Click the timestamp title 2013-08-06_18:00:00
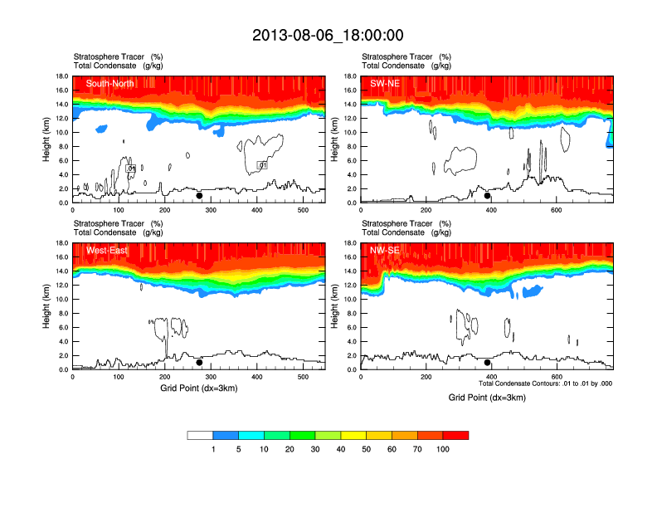[328, 35]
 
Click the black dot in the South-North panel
[199, 196]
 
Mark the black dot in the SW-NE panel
[488, 196]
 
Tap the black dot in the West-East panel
[199, 363]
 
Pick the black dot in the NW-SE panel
[488, 363]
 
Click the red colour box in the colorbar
[455, 435]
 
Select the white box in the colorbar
[200, 435]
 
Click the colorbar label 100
[442, 449]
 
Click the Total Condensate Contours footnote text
[545, 383]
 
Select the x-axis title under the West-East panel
[198, 388]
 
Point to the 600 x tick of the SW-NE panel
[555, 211]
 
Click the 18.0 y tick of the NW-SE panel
[350, 243]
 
